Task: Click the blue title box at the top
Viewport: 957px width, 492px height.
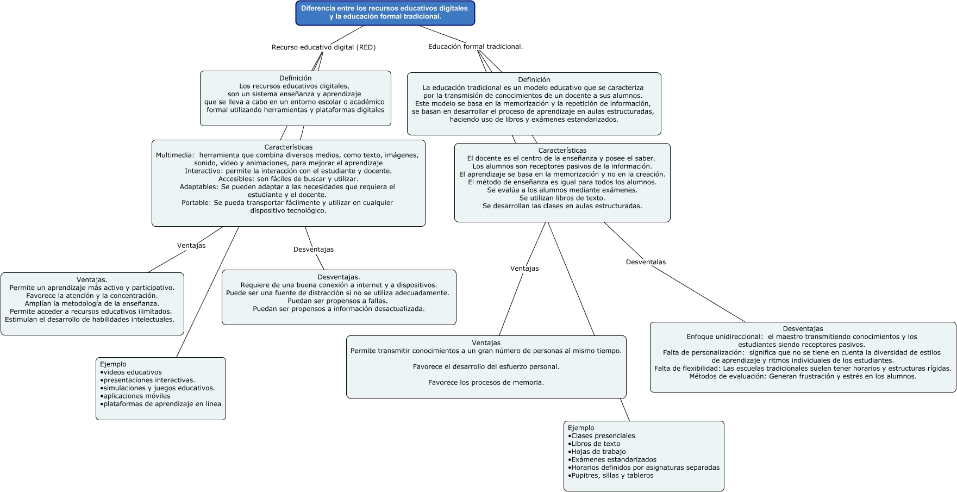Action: (x=385, y=13)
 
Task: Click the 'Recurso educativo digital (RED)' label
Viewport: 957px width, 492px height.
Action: (x=323, y=47)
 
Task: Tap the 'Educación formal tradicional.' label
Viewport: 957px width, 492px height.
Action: (x=475, y=47)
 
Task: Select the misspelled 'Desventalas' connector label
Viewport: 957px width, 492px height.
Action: (x=646, y=262)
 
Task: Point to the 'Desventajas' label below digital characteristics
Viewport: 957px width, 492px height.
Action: (x=314, y=250)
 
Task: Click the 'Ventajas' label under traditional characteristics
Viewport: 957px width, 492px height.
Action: (x=524, y=269)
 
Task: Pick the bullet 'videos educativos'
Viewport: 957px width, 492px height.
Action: (x=132, y=372)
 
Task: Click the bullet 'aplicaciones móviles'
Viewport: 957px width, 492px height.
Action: (x=136, y=396)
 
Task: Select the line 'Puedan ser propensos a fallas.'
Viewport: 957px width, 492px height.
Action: (x=337, y=301)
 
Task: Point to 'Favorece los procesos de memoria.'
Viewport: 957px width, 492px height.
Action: (x=486, y=383)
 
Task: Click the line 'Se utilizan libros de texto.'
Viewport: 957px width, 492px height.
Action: (x=562, y=198)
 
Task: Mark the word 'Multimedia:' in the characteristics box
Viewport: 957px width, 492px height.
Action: (x=175, y=155)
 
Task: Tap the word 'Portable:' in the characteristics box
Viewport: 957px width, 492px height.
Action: (x=196, y=203)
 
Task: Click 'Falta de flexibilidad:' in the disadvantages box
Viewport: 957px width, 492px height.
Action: (x=687, y=369)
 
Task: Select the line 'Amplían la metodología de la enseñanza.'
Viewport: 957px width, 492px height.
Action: (x=92, y=304)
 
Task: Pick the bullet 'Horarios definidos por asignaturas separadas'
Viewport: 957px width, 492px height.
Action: (x=645, y=468)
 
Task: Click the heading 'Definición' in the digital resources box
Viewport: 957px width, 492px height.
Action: (x=295, y=78)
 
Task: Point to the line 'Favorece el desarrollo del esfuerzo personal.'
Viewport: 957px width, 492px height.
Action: (x=486, y=367)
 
